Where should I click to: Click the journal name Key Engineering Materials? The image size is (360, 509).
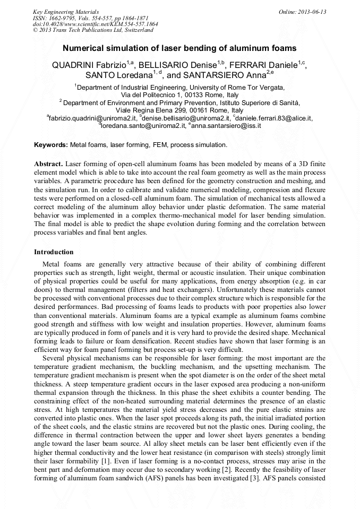coord(65,11)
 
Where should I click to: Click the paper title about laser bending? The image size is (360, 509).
coord(179,48)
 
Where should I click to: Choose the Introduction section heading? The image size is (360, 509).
coord(54,252)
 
